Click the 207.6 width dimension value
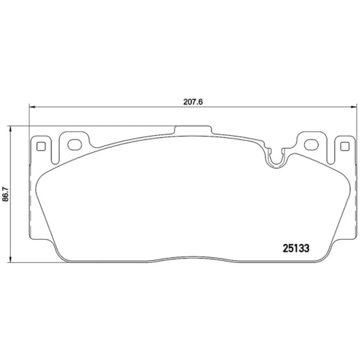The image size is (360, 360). point(193,102)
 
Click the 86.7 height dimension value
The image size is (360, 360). point(5,194)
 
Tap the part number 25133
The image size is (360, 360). point(296,248)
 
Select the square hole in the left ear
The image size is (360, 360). point(41,147)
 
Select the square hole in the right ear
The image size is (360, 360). point(345,147)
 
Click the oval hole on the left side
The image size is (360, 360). point(75,145)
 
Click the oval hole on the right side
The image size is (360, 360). point(311,145)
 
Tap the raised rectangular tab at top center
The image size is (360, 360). point(193,130)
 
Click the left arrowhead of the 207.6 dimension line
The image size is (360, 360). point(33,107)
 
